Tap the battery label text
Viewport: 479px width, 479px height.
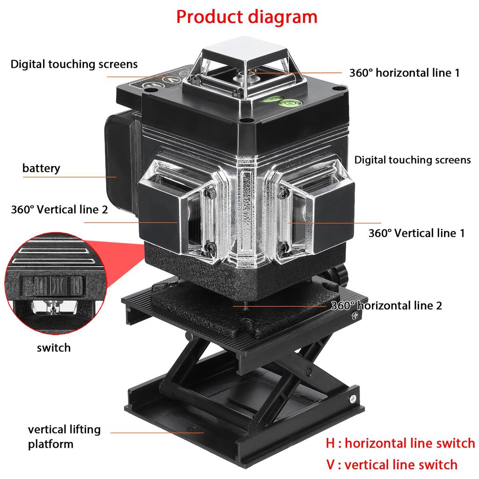[x=41, y=168]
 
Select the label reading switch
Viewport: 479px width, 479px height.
[x=54, y=348]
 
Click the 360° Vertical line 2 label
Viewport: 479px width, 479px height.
[x=59, y=209]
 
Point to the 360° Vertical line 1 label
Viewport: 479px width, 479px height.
[x=416, y=233]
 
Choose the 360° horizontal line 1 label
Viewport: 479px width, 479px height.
[x=404, y=73]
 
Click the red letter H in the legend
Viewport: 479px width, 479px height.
[x=331, y=443]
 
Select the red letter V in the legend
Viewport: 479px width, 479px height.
[x=331, y=464]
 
